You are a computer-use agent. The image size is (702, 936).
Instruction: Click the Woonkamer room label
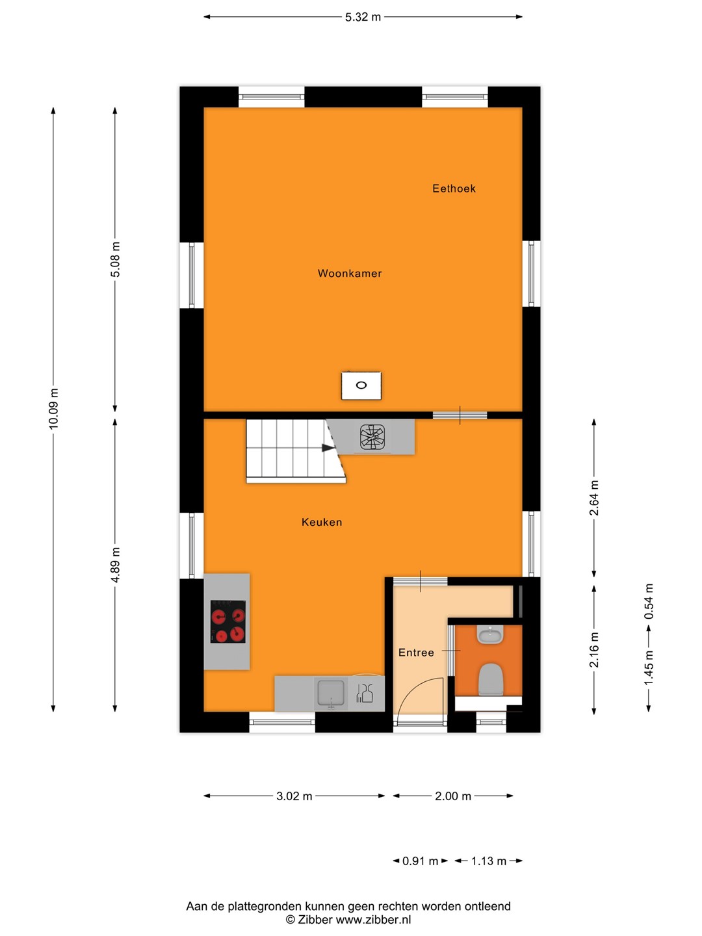350,274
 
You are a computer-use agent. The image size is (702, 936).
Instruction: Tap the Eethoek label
454,188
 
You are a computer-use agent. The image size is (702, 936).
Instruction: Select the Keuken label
322,523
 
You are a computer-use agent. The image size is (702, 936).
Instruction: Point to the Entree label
416,653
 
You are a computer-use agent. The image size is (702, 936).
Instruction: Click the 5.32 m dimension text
363,18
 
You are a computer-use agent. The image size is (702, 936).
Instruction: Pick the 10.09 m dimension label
54,408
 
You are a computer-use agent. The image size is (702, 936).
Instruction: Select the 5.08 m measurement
115,259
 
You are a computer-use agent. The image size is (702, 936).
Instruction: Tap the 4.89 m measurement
115,564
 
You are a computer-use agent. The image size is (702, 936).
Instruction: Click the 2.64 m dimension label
594,498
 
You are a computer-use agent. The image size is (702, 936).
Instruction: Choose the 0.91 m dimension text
421,861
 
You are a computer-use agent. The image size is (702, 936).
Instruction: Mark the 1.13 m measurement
488,861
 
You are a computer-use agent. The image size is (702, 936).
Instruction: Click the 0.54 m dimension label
649,601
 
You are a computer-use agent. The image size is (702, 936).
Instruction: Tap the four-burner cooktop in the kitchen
228,621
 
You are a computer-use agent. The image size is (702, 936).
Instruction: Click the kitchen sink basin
331,693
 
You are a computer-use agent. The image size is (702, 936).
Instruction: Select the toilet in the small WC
491,679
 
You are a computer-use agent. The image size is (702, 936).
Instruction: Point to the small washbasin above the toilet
490,634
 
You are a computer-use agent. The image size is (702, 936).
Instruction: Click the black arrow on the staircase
328,448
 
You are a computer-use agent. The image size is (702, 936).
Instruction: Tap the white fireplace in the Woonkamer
361,385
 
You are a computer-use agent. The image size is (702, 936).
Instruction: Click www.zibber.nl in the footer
373,920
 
